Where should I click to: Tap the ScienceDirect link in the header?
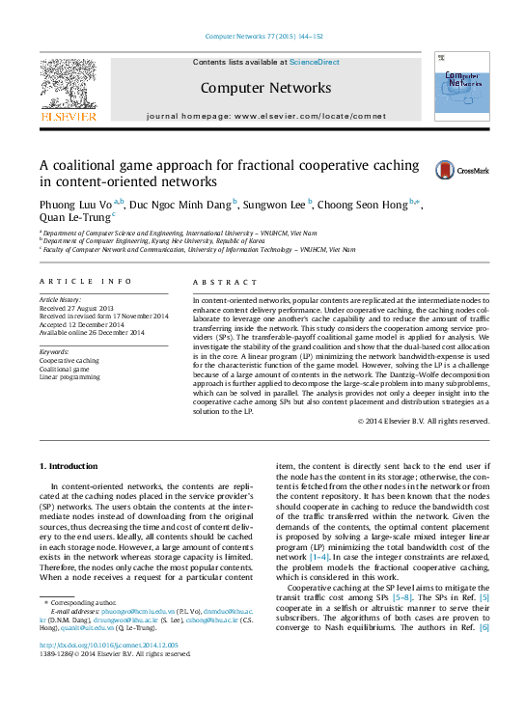(315, 62)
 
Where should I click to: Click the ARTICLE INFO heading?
(85, 281)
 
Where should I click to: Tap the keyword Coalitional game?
(66, 396)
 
